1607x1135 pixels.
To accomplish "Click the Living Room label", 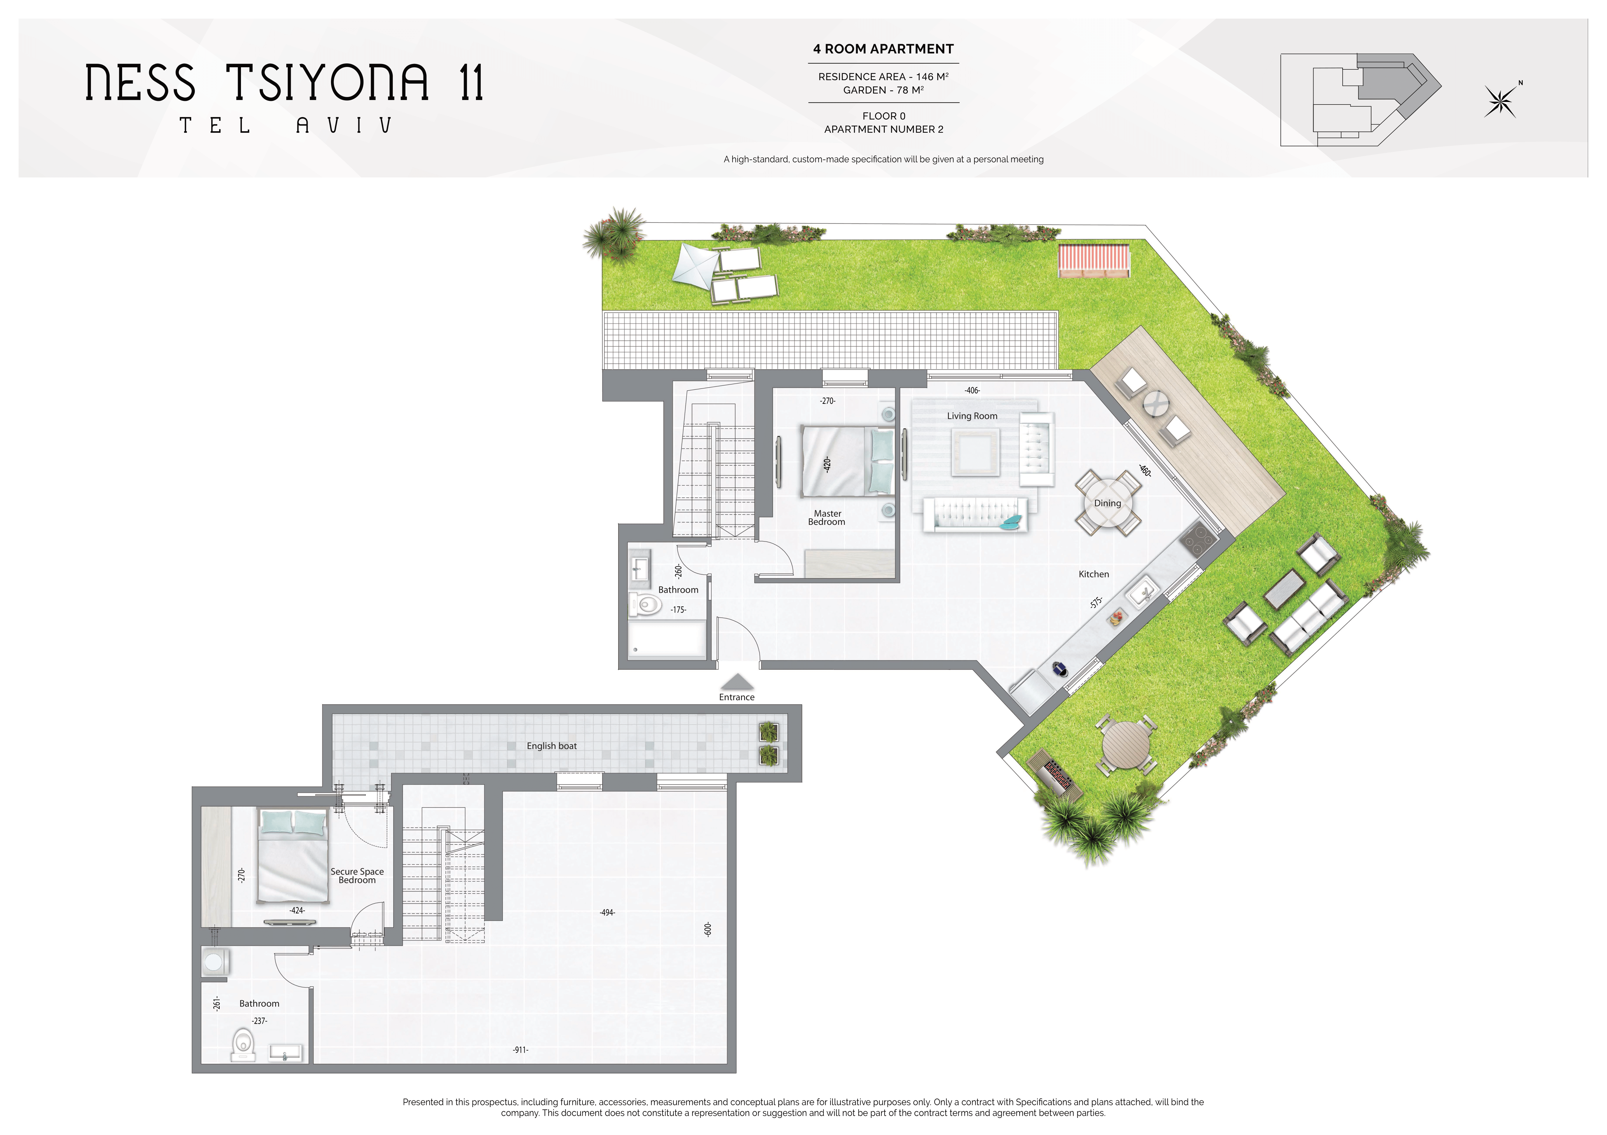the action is (x=972, y=416).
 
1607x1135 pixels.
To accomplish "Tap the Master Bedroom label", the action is (x=827, y=517).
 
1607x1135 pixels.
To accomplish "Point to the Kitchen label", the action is (x=1093, y=574).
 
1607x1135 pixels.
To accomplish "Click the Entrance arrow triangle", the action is (x=737, y=682).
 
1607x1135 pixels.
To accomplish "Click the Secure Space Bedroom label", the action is (x=357, y=876).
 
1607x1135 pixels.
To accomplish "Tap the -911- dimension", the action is (x=520, y=1050).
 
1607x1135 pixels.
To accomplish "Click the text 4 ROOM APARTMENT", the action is (x=883, y=49).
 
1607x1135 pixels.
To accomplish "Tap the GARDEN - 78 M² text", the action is (x=883, y=90).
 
